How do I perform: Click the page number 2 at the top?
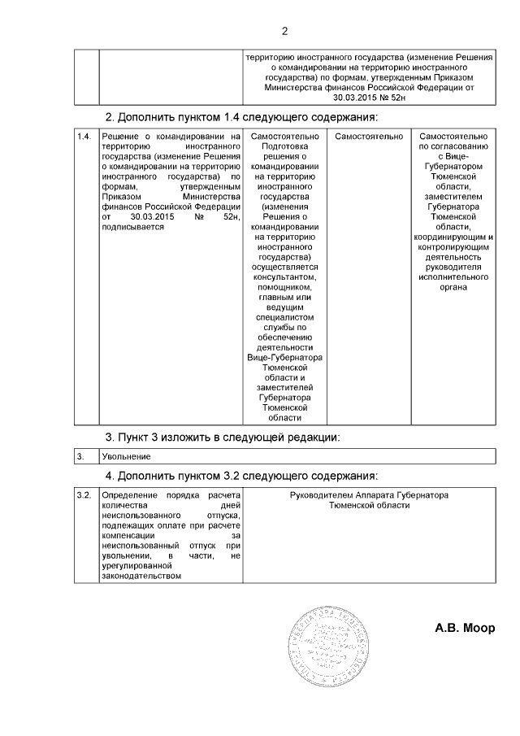point(284,32)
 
